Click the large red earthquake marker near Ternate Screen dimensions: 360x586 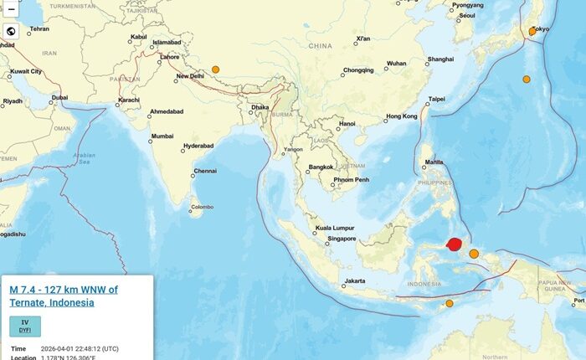tap(455, 244)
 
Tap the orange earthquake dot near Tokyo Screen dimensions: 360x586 tap(532, 31)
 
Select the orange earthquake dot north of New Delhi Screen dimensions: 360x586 tap(215, 69)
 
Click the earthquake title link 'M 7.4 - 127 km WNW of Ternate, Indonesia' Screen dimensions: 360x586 tap(64, 296)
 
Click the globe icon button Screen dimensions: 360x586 tap(11, 32)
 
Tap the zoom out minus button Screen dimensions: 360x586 tap(11, 9)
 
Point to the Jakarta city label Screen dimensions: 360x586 tap(354, 280)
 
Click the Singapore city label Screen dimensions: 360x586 tap(342, 239)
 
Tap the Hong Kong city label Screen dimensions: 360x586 tap(401, 116)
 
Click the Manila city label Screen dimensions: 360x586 tap(434, 162)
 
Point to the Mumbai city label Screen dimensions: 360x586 tap(162, 136)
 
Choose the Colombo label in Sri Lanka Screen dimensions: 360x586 tap(202, 207)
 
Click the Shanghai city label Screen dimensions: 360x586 tap(440, 59)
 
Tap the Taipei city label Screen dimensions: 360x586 tap(436, 99)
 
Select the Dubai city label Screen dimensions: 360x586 tap(59, 97)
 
